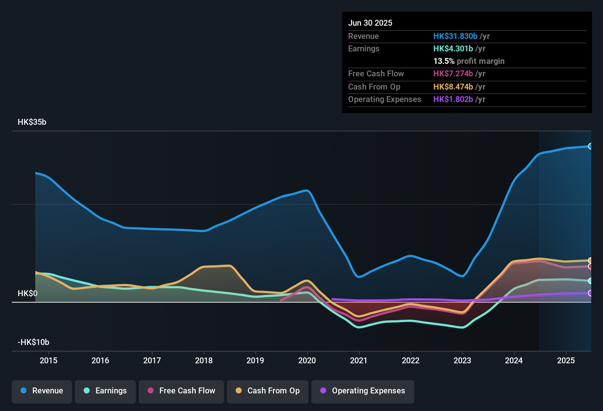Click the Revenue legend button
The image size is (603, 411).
(42, 391)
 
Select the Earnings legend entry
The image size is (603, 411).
(105, 391)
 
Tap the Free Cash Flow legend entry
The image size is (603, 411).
(181, 391)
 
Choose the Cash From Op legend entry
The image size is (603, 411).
(268, 391)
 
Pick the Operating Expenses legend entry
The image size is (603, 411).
(363, 391)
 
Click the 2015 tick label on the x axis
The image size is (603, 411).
(48, 360)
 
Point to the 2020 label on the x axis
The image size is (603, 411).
(307, 360)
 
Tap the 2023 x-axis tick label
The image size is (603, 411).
(462, 360)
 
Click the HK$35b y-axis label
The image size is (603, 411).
(32, 122)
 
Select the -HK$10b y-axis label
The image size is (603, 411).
(33, 342)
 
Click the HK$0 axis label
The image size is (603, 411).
(28, 294)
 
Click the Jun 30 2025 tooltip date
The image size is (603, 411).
(370, 23)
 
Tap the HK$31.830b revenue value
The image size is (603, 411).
(455, 36)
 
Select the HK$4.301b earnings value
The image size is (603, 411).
(453, 49)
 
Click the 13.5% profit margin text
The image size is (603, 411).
(469, 61)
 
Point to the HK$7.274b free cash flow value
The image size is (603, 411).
(453, 74)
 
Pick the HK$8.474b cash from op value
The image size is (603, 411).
(453, 87)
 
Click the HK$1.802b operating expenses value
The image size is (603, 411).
(453, 99)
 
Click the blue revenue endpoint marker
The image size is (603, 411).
(590, 146)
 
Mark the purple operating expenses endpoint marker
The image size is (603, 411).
(590, 293)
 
